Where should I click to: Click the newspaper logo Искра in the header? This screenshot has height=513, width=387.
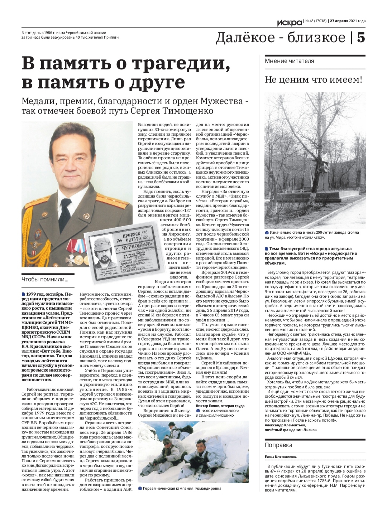coord(290,22)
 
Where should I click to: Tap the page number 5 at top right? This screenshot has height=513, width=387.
coord(360,37)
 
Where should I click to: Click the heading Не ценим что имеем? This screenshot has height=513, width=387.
coord(314,79)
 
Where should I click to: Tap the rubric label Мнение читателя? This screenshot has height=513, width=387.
coord(289,61)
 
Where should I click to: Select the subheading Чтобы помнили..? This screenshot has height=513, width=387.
coord(45,279)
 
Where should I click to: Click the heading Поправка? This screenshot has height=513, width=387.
coord(278,445)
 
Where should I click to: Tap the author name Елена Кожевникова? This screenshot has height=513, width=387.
coord(281,456)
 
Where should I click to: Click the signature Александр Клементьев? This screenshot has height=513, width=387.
coord(285,425)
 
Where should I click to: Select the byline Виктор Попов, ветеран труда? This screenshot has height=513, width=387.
coord(220,406)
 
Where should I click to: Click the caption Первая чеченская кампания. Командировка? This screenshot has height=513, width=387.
coord(182,488)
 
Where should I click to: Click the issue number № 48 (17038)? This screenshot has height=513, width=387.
coord(315,21)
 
